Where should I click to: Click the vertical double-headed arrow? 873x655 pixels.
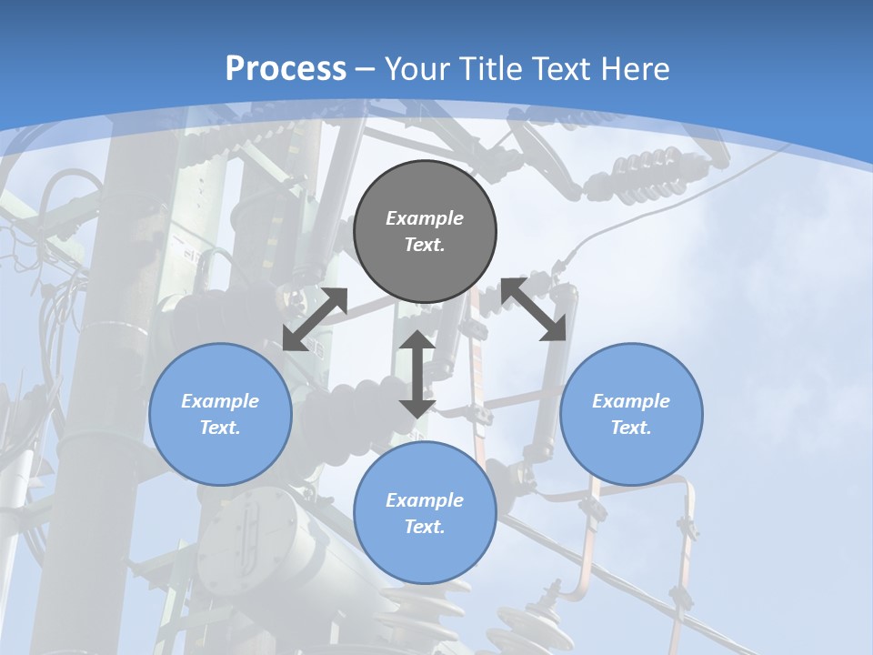click(417, 374)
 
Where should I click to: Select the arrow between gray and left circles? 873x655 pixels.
click(315, 319)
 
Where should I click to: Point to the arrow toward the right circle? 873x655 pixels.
click(534, 309)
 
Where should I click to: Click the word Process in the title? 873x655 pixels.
click(286, 68)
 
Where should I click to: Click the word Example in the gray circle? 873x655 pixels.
click(425, 218)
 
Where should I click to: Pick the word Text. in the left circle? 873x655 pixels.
click(220, 428)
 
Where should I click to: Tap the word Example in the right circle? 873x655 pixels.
click(631, 401)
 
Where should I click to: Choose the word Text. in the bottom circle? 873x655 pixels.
click(425, 527)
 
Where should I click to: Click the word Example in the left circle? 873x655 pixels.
click(220, 401)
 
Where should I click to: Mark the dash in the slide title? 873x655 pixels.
click(366, 69)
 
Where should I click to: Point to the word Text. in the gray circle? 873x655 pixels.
click(425, 245)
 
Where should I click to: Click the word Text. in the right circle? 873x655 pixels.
click(631, 428)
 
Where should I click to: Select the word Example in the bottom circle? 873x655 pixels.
click(425, 500)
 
